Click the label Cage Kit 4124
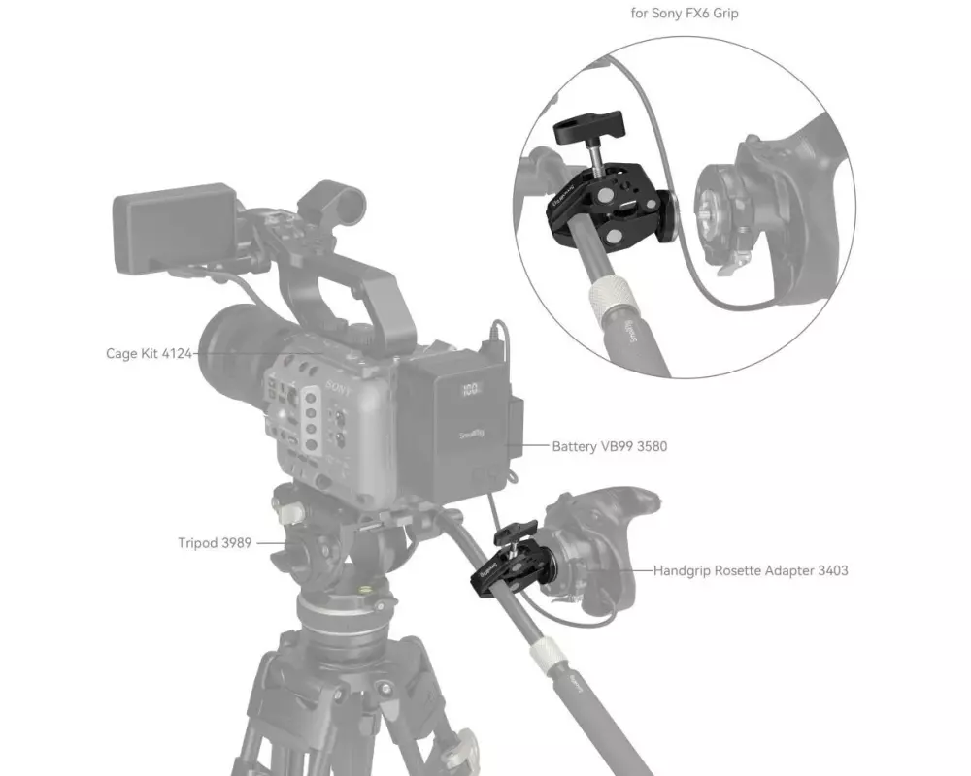(150, 354)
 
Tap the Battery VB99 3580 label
(610, 446)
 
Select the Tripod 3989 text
(215, 542)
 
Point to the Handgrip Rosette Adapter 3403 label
(751, 570)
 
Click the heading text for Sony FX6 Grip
(685, 13)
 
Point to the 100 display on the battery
(471, 389)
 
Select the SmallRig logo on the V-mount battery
(472, 435)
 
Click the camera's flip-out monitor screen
(175, 228)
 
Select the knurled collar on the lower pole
(548, 654)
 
